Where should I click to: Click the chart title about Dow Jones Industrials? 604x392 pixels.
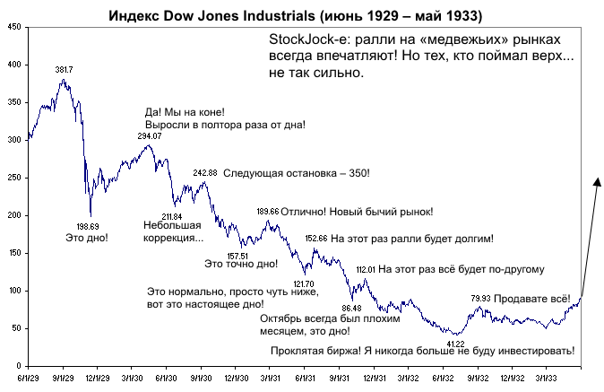coord(302,15)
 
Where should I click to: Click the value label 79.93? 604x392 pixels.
coord(480,298)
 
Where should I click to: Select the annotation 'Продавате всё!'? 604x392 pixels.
coord(534,298)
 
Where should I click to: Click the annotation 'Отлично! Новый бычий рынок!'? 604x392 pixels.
coord(357,212)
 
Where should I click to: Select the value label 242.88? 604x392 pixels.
coord(204,172)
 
